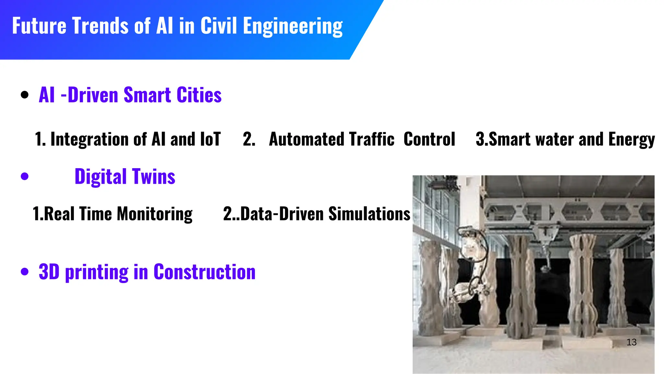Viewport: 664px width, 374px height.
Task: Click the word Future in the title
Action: pyautogui.click(x=39, y=26)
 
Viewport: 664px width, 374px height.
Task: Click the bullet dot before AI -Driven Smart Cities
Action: pyautogui.click(x=25, y=95)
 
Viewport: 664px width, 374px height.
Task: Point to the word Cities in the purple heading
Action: pyautogui.click(x=199, y=95)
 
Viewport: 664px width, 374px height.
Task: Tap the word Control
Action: pyautogui.click(x=429, y=139)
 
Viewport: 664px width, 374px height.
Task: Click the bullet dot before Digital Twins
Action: pyautogui.click(x=25, y=177)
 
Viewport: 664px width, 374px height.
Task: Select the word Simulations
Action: pyautogui.click(x=369, y=214)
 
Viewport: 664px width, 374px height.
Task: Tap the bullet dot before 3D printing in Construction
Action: pyautogui.click(x=25, y=272)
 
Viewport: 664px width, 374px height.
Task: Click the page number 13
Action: pyautogui.click(x=631, y=342)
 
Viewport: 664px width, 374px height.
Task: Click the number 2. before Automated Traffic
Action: pyautogui.click(x=249, y=139)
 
